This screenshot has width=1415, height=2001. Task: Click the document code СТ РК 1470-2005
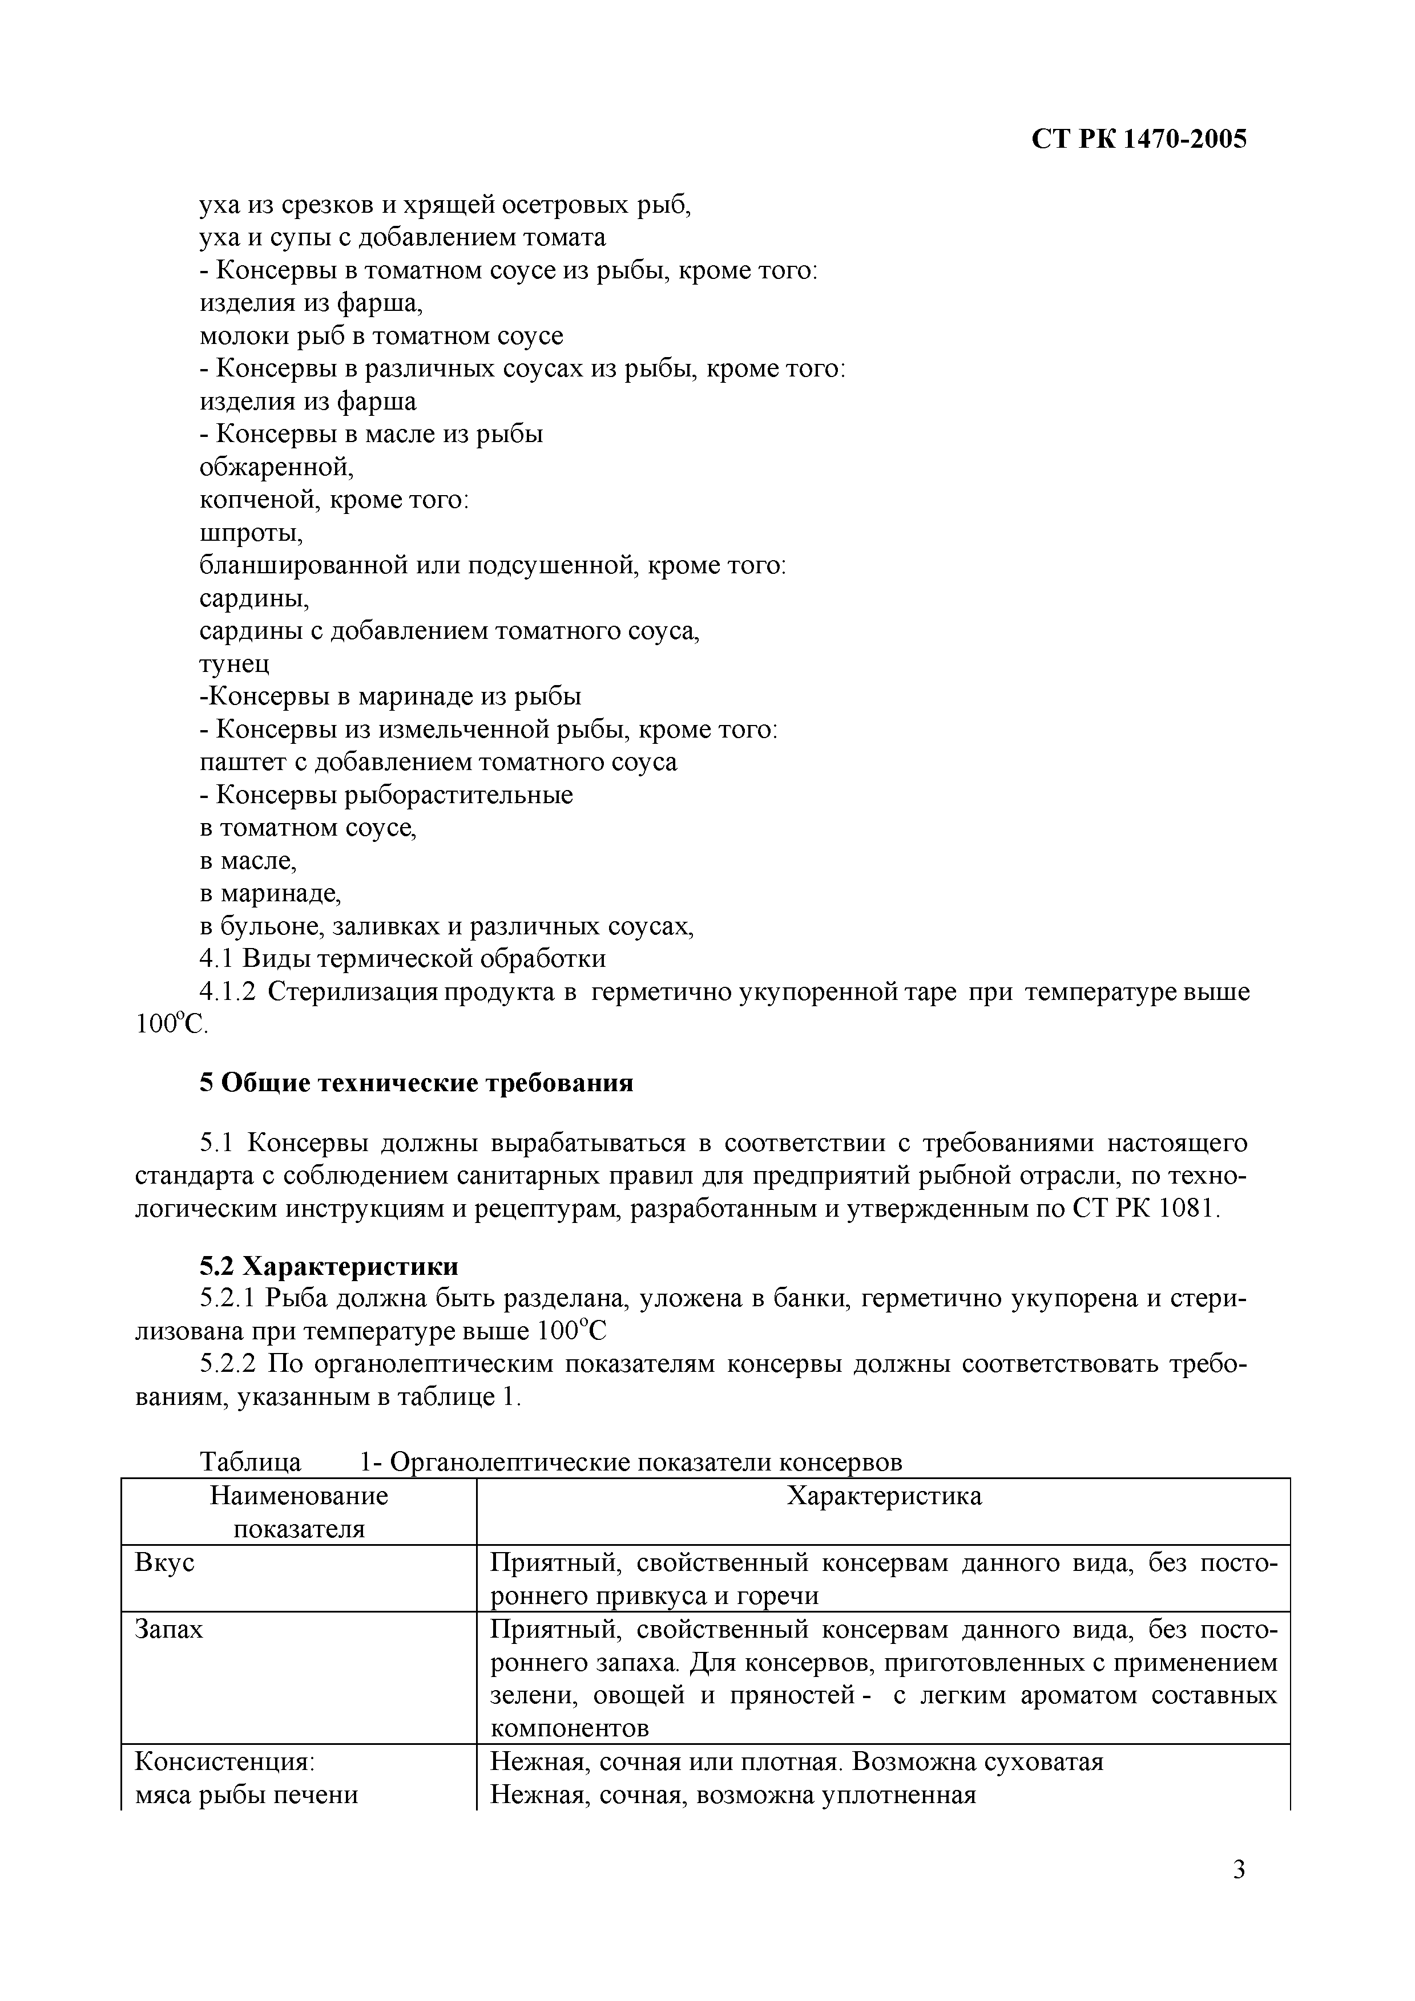click(1139, 139)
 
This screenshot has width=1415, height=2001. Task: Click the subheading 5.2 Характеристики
click(329, 1265)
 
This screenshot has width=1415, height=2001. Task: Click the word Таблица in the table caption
click(250, 1461)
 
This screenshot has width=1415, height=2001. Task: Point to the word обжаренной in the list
click(276, 468)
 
